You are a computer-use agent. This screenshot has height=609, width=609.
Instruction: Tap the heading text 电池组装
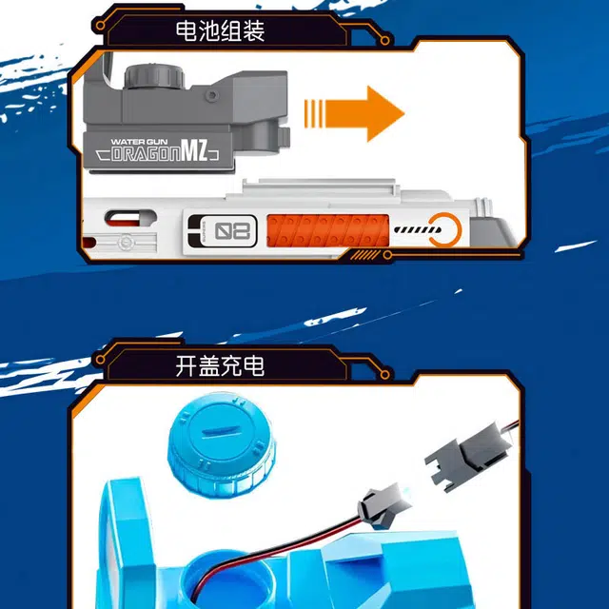click(220, 30)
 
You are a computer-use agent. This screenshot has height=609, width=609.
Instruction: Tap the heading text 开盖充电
click(220, 364)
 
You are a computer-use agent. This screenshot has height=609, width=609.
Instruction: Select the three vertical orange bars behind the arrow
click(317, 112)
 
